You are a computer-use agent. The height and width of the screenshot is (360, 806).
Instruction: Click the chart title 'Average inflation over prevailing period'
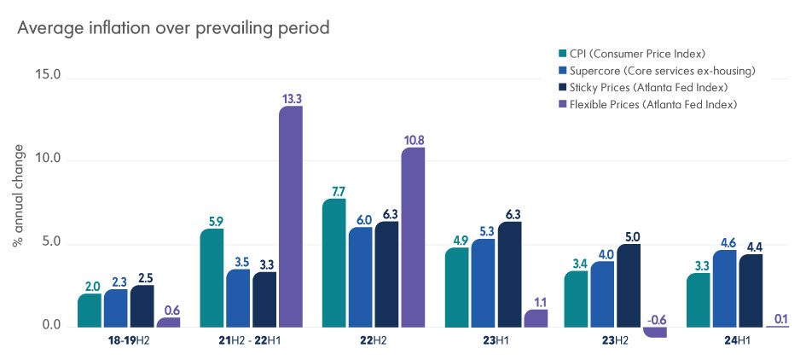click(x=173, y=28)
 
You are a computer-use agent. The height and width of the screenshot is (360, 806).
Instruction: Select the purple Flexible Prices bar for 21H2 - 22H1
click(x=291, y=217)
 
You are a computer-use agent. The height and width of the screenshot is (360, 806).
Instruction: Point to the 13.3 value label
click(x=291, y=99)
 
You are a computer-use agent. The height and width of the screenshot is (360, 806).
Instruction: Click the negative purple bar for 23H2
click(x=656, y=332)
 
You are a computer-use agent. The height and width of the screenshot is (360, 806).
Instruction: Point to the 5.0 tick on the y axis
click(x=50, y=243)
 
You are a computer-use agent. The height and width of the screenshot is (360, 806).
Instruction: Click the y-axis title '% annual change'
click(x=18, y=201)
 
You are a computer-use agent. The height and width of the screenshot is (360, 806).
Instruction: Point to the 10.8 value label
click(x=413, y=140)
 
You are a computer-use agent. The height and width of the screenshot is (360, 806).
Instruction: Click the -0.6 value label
click(x=656, y=319)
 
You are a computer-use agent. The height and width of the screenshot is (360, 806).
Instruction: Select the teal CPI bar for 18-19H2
click(x=90, y=311)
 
